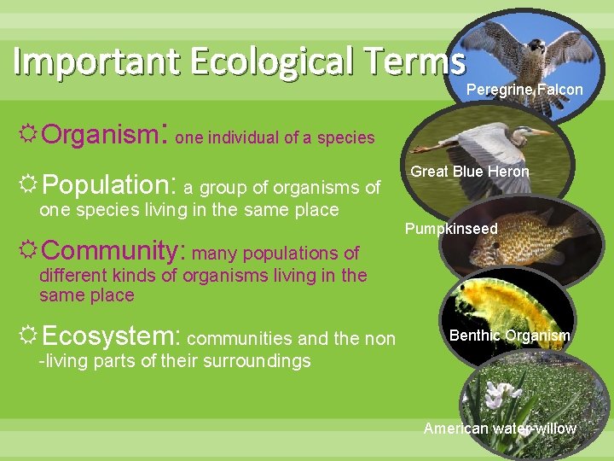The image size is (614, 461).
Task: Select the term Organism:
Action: pyautogui.click(x=105, y=134)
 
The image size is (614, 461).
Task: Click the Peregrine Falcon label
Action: pyautogui.click(x=524, y=90)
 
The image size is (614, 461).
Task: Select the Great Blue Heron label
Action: pyautogui.click(x=470, y=172)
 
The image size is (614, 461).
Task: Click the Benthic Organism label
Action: pyautogui.click(x=509, y=336)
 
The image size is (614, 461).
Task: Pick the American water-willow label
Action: pyautogui.click(x=500, y=429)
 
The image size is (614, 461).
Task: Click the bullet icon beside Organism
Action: pyautogui.click(x=29, y=134)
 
